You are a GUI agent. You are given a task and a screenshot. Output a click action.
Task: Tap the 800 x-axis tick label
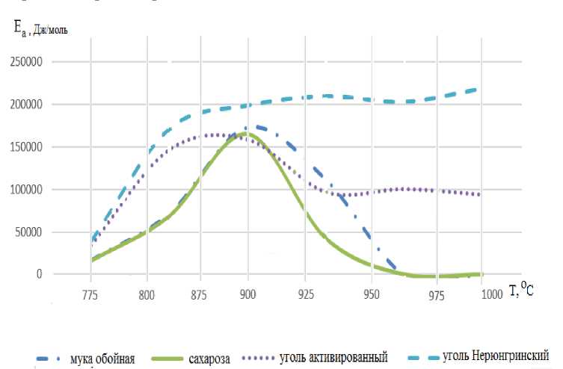coord(147,295)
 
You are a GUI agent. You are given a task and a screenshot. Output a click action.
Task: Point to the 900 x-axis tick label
coord(248,295)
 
